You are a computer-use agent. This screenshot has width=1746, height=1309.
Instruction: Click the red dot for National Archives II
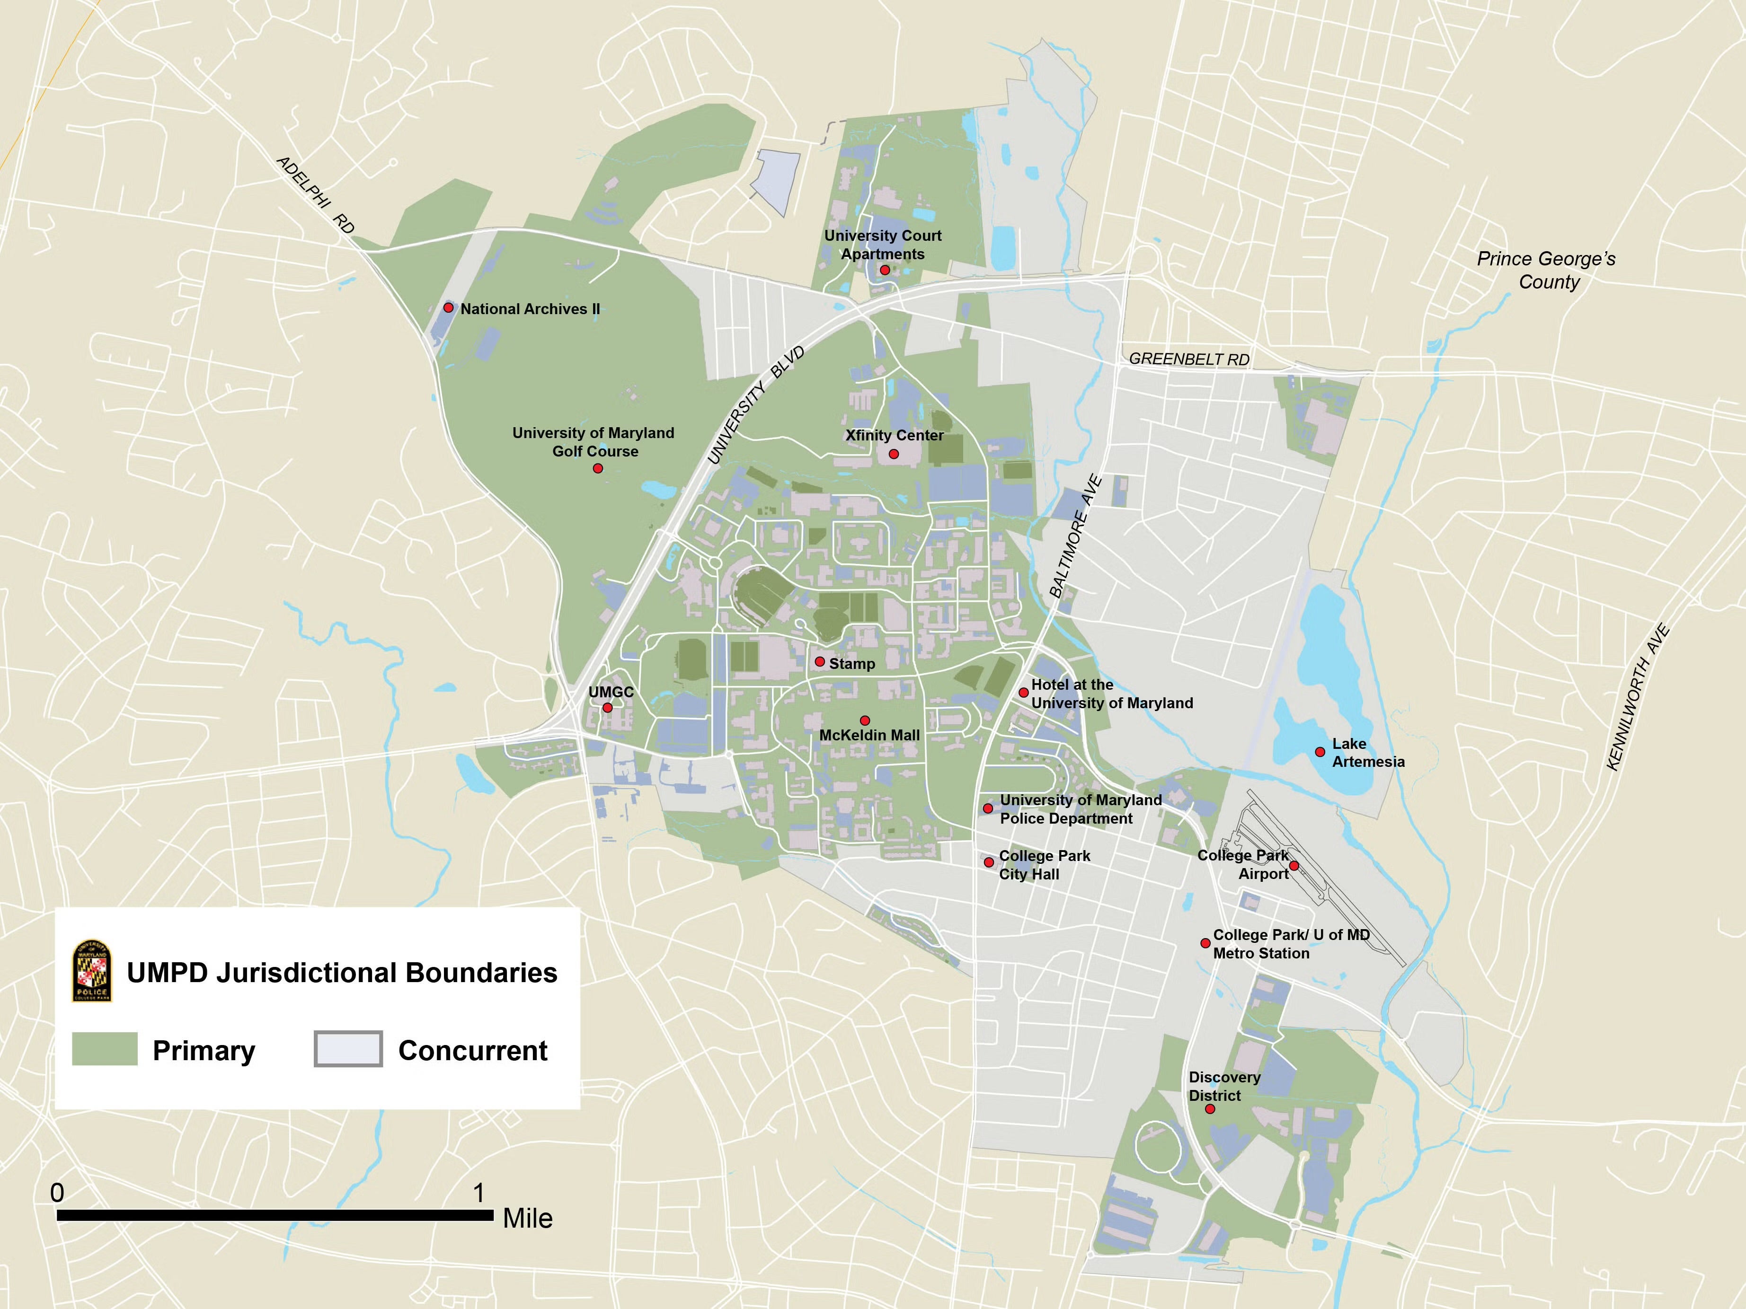pyautogui.click(x=448, y=307)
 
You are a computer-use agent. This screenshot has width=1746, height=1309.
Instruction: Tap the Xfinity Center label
pyautogui.click(x=895, y=436)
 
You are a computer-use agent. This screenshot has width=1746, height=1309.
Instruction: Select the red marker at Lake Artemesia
pyautogui.click(x=1320, y=752)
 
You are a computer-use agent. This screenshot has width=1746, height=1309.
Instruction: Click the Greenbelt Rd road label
pyautogui.click(x=1189, y=359)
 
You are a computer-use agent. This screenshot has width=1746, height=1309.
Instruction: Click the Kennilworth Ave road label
pyautogui.click(x=1638, y=697)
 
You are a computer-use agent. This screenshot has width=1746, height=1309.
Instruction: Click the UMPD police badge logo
pyautogui.click(x=92, y=971)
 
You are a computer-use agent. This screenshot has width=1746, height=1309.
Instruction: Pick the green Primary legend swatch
pyautogui.click(x=105, y=1049)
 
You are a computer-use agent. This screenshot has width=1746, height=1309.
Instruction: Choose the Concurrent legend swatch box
pyautogui.click(x=348, y=1049)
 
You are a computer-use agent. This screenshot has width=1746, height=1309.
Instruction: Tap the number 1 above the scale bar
pyautogui.click(x=479, y=1192)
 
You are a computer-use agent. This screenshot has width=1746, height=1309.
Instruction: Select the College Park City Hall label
pyautogui.click(x=1044, y=865)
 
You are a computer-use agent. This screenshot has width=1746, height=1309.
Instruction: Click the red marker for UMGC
pyautogui.click(x=607, y=708)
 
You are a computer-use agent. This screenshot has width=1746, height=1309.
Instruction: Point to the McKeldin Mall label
pyautogui.click(x=869, y=735)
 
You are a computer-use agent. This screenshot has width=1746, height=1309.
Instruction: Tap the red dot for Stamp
pyautogui.click(x=819, y=662)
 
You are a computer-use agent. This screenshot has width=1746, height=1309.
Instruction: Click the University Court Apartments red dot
pyautogui.click(x=885, y=270)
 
